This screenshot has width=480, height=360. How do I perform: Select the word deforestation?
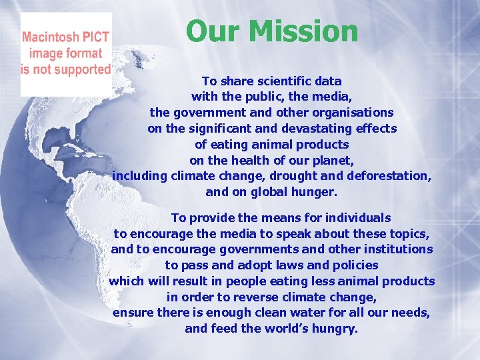(x=389, y=176)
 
